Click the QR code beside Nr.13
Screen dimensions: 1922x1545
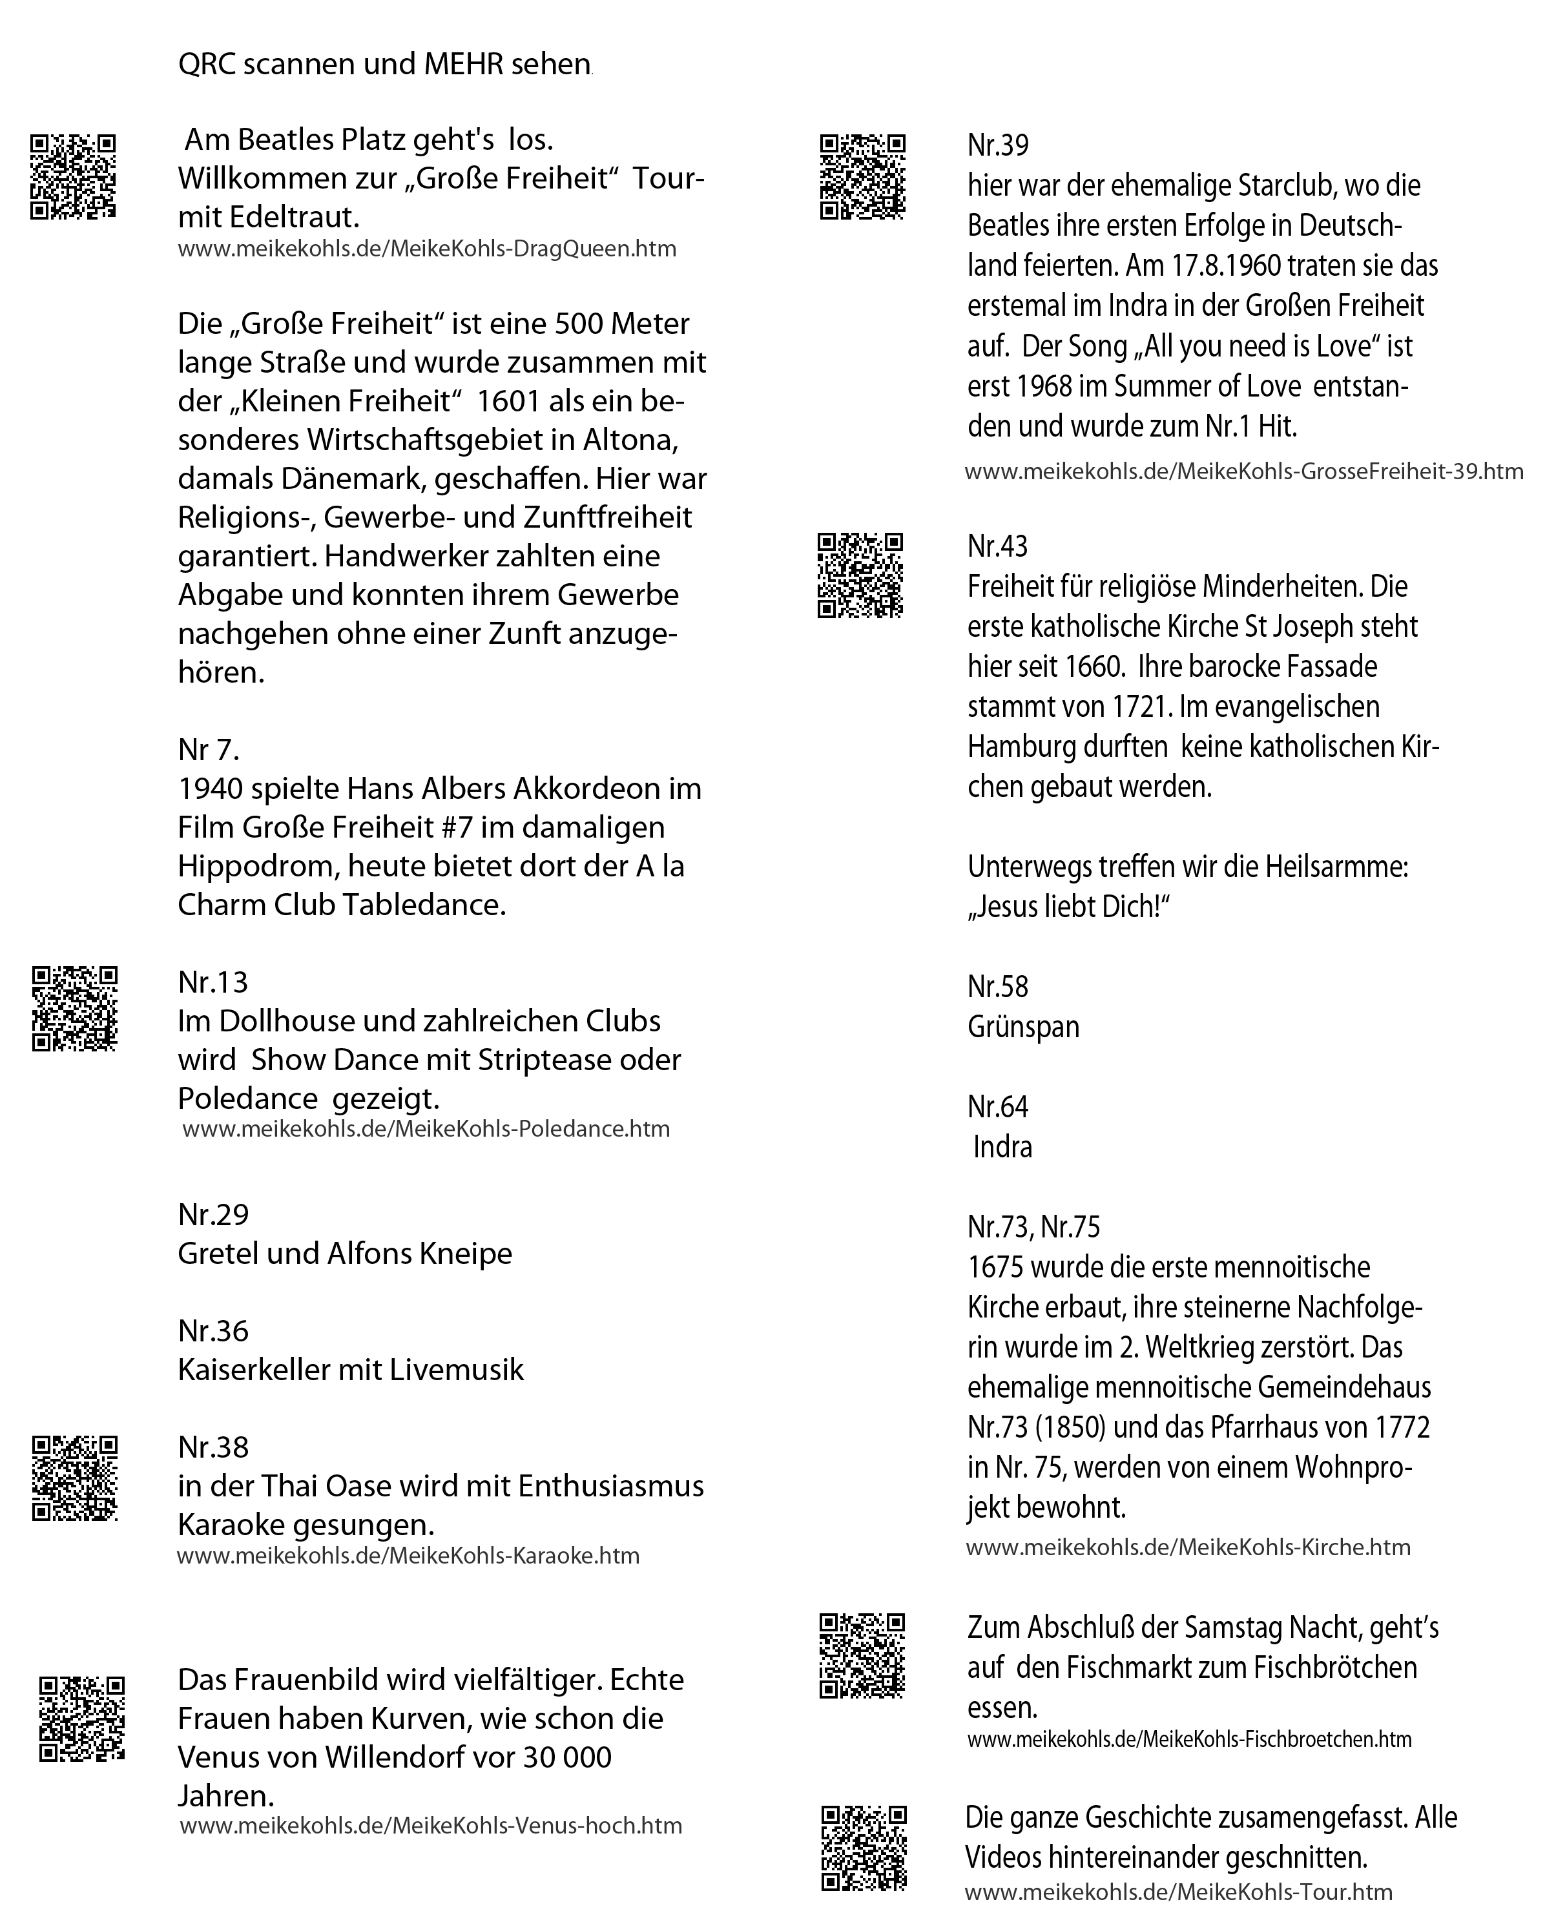(x=75, y=1008)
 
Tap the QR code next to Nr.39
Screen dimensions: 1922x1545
(x=862, y=176)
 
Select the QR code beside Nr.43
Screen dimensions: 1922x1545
(x=860, y=575)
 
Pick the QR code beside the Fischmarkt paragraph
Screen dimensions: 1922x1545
(x=862, y=1655)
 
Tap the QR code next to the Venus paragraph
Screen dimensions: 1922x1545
(x=82, y=1719)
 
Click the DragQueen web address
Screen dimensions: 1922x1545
(x=427, y=249)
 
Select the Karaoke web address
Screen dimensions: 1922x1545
(x=408, y=1556)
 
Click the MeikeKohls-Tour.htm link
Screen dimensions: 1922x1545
(x=1179, y=1891)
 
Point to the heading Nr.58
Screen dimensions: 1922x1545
(x=998, y=987)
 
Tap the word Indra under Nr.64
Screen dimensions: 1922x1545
(x=1003, y=1146)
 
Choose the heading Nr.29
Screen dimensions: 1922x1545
(x=213, y=1214)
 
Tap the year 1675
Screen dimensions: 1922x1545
(x=999, y=1266)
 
